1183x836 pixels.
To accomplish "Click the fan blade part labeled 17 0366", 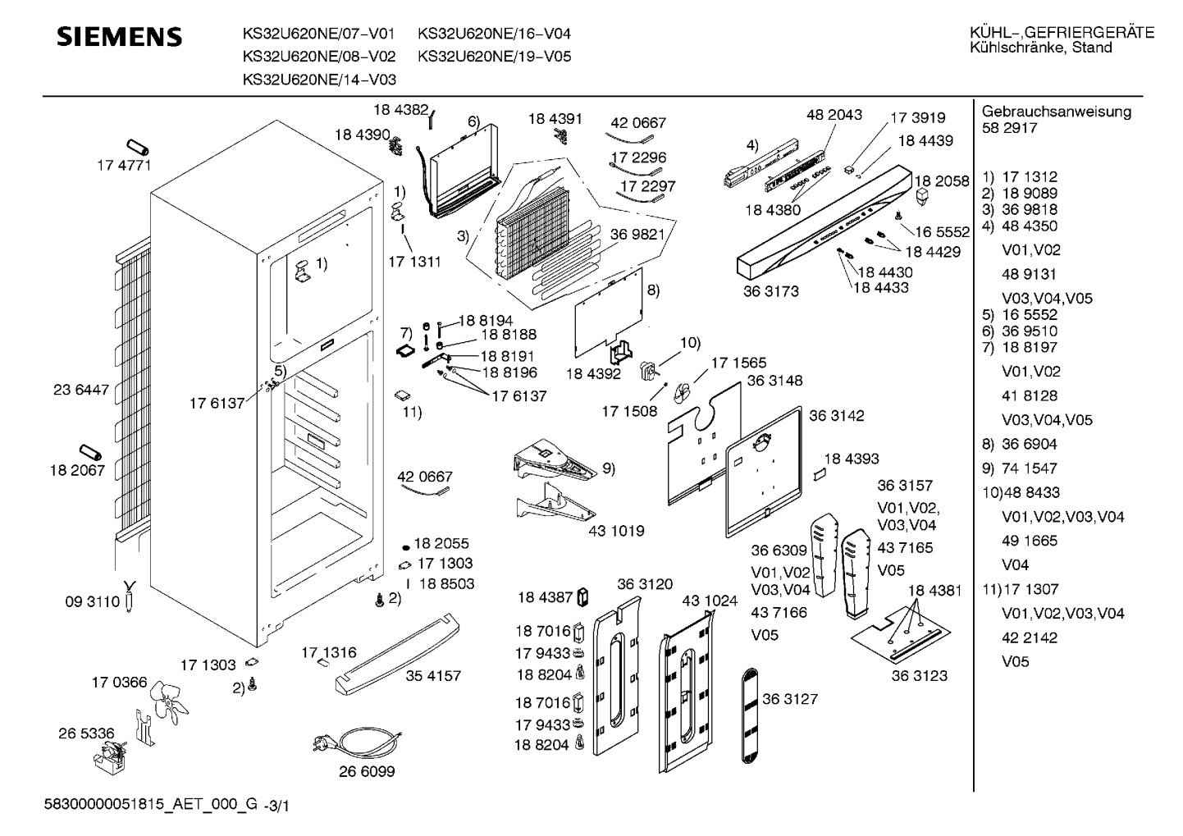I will (x=172, y=702).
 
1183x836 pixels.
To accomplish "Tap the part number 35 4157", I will (x=433, y=676).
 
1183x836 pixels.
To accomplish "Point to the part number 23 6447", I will (x=81, y=391).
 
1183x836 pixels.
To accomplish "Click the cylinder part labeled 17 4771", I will (x=139, y=148).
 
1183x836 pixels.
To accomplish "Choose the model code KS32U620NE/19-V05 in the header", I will (x=494, y=57).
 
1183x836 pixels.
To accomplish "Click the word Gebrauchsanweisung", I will (x=1056, y=112).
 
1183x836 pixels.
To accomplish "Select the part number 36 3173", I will (x=770, y=291).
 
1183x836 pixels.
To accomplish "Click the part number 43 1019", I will (x=616, y=531).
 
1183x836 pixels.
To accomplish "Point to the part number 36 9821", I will (x=637, y=234).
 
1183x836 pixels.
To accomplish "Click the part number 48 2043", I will (x=834, y=115).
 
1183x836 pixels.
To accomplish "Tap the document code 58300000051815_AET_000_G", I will (x=151, y=806).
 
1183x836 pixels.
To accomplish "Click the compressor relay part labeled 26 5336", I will (x=112, y=755).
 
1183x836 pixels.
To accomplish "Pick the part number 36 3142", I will (x=836, y=416).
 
